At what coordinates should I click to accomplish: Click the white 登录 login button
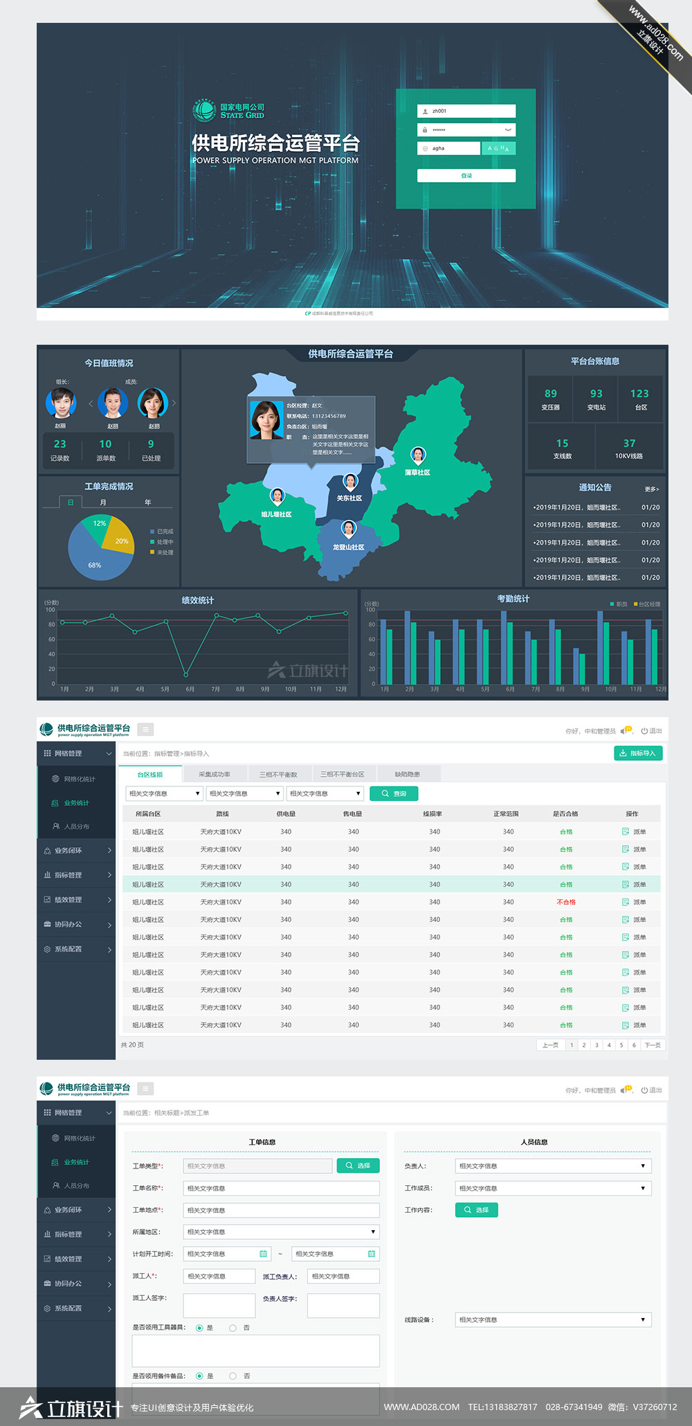(x=466, y=176)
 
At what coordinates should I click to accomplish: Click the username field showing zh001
(x=466, y=111)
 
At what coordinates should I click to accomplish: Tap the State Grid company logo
(x=204, y=111)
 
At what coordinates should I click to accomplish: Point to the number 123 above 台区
(x=639, y=394)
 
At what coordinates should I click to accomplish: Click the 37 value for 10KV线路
(x=629, y=443)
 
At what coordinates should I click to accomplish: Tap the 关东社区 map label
(x=349, y=498)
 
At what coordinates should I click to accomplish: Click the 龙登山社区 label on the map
(x=348, y=548)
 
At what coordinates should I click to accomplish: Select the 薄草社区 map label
(x=417, y=473)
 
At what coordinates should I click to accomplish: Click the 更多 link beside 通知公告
(x=651, y=489)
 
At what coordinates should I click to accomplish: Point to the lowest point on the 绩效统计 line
(x=186, y=674)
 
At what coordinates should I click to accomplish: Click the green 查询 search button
(x=394, y=794)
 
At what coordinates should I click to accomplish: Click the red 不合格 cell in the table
(x=566, y=903)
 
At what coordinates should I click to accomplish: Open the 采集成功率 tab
(x=215, y=775)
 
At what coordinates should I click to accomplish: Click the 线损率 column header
(x=432, y=814)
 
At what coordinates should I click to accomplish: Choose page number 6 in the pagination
(x=633, y=1045)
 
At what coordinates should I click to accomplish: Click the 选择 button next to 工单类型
(x=358, y=1166)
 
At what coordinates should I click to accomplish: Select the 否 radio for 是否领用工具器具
(x=233, y=1328)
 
